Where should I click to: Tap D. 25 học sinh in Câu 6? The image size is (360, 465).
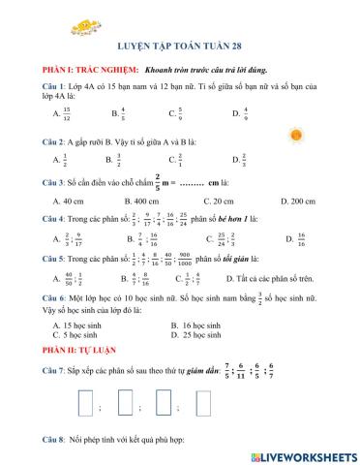(x=202, y=335)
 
